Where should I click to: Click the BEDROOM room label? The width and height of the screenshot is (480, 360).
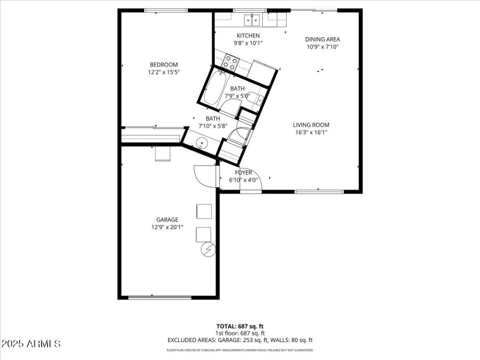point(164,65)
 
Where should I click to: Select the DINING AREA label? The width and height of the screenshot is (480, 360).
point(322,40)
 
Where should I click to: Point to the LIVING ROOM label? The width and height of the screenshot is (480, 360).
point(311,125)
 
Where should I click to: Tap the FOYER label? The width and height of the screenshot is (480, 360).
point(243,172)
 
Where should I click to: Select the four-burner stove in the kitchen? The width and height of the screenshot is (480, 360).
point(230,63)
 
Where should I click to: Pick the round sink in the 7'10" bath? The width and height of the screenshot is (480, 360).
point(202,143)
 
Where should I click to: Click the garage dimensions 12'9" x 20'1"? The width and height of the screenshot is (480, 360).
point(167,227)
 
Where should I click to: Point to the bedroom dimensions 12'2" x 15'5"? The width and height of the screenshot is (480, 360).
point(164,72)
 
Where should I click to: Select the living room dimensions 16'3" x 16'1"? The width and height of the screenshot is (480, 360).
point(311,133)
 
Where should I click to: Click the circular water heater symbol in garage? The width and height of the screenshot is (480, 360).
point(208,249)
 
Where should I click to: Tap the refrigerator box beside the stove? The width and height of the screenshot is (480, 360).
point(262,71)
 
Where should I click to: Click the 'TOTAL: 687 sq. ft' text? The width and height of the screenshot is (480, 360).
point(240,326)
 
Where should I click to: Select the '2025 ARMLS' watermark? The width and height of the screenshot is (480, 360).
point(31,344)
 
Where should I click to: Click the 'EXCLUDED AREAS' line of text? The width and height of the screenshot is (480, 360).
point(240,340)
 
